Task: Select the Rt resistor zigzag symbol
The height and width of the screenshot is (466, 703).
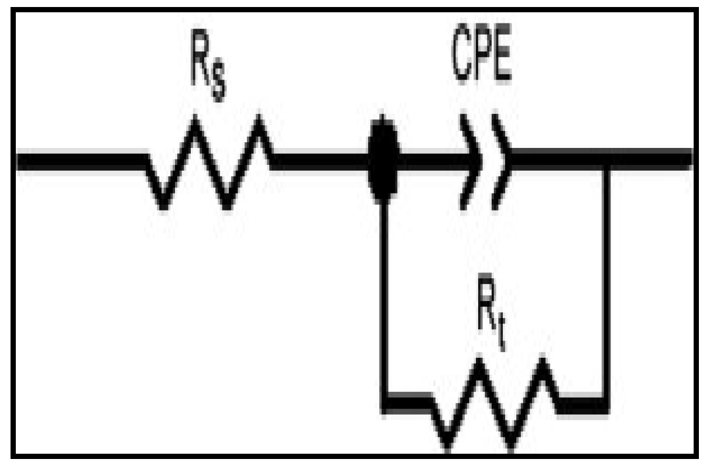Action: (x=495, y=403)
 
